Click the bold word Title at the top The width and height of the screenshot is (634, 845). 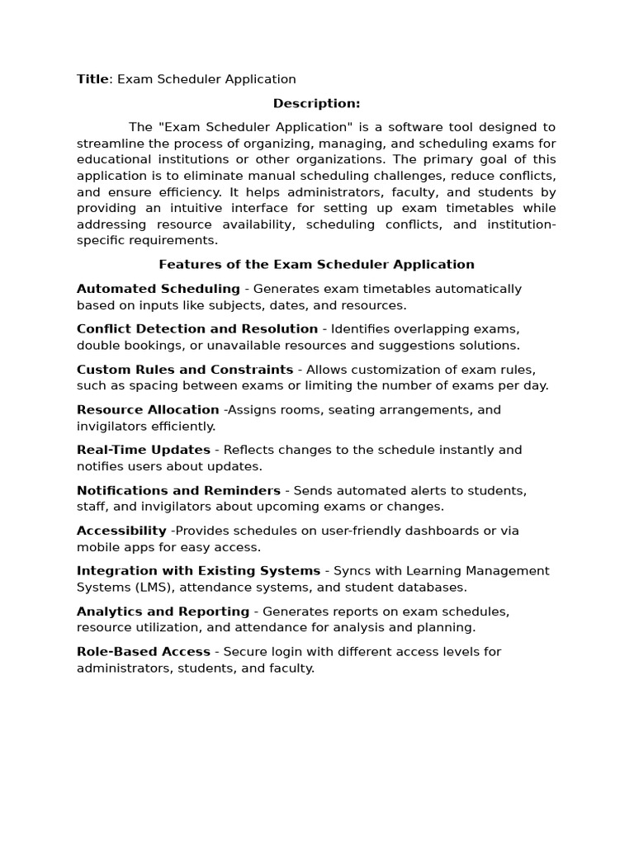pos(92,79)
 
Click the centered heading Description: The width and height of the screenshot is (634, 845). pos(316,103)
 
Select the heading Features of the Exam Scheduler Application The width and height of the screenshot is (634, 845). pos(316,265)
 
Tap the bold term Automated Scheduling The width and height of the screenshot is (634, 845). pos(158,289)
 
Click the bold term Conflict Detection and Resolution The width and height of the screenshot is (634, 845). pos(197,329)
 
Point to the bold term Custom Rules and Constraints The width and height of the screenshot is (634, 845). pos(185,370)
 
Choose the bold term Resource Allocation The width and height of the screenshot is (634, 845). pos(148,410)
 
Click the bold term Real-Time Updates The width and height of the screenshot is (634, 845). pos(144,450)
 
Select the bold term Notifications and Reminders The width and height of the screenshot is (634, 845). pos(178,490)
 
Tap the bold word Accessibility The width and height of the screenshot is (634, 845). pos(121,531)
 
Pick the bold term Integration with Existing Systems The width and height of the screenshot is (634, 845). pos(198,571)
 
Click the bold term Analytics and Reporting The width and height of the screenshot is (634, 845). pos(163,611)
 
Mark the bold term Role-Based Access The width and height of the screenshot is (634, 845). pos(144,652)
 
